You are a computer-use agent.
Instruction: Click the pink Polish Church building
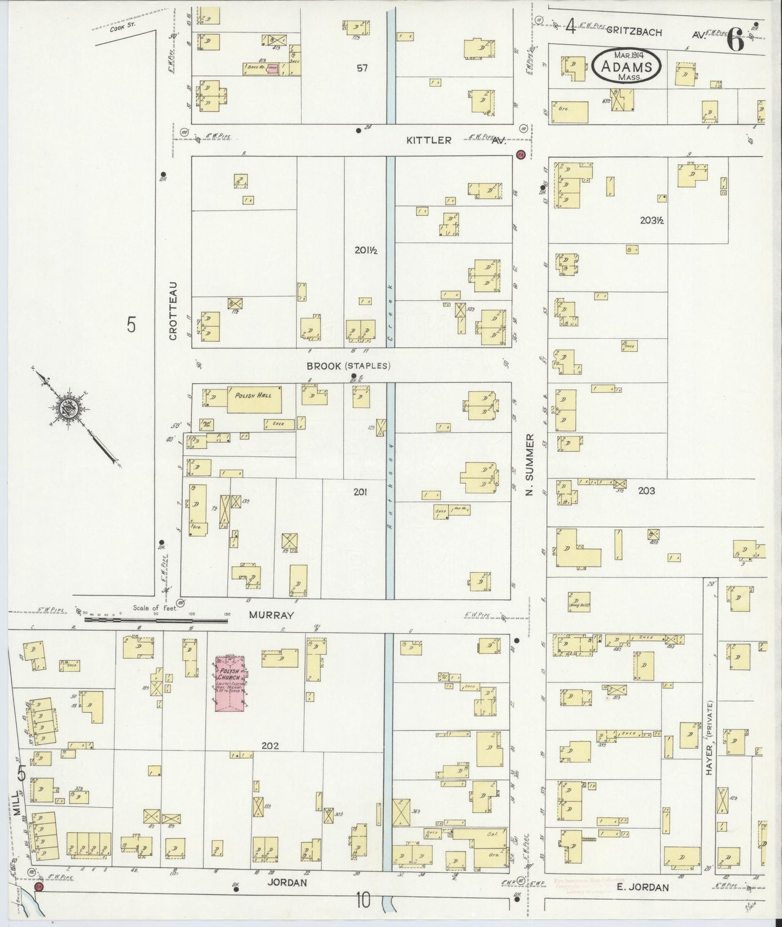point(229,683)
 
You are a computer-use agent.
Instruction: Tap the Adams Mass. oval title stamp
point(626,66)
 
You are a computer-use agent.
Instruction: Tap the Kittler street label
point(429,140)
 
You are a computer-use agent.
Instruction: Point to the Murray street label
point(271,615)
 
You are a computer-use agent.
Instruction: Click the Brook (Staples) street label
point(348,366)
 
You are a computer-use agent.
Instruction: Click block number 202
point(270,746)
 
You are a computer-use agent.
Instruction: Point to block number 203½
point(651,221)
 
